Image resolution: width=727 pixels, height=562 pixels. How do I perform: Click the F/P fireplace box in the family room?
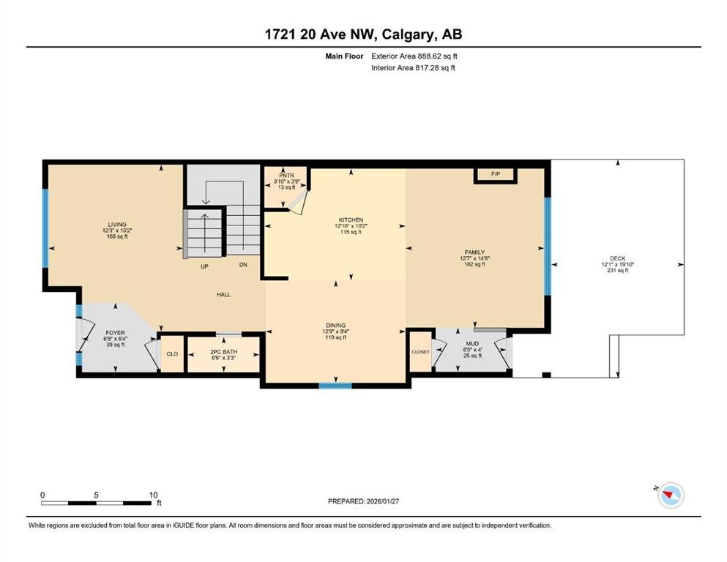[495, 175]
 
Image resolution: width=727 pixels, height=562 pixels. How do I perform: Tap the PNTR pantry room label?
[286, 176]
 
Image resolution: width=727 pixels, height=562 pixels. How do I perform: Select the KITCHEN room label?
[351, 220]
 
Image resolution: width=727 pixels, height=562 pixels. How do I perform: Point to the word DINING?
[336, 325]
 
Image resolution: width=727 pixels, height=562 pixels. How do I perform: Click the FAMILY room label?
[474, 252]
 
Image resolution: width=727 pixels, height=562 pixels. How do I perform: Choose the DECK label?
[618, 258]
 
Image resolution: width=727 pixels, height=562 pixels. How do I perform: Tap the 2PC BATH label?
[224, 352]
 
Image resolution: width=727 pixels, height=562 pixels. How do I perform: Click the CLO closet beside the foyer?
[173, 354]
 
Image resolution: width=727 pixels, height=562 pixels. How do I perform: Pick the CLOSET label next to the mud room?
[420, 352]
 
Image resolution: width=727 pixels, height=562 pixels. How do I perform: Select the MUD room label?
[472, 344]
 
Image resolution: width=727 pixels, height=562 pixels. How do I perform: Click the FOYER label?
[115, 333]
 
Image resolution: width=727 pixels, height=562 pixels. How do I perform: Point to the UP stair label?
[204, 266]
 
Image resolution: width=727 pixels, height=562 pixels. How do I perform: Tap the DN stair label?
[243, 265]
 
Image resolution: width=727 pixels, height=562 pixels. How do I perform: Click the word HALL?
[223, 295]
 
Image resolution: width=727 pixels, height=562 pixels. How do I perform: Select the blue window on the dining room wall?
[335, 385]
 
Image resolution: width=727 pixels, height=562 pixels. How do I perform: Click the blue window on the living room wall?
[45, 228]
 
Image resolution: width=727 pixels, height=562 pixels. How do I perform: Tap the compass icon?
[671, 495]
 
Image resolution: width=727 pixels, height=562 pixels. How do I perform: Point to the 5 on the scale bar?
[96, 495]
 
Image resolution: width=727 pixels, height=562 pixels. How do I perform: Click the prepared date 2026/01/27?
[382, 501]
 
